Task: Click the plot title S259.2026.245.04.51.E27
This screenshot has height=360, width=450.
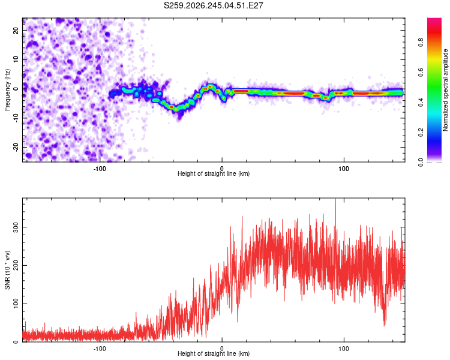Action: pos(213,5)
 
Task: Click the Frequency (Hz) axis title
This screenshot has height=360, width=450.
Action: pos(7,90)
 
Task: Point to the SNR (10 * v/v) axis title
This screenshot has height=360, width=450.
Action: pos(7,270)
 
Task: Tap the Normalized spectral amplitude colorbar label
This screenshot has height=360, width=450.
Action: pos(445,90)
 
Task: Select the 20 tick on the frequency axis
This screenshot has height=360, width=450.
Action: pos(16,30)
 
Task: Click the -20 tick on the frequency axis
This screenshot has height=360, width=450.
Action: pos(16,147)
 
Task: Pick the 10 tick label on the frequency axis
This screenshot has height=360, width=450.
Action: pos(16,59)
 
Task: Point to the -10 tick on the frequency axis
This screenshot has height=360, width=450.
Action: pos(16,118)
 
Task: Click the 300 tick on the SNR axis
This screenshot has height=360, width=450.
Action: pos(16,227)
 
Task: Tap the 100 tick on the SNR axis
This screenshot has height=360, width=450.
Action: pos(16,304)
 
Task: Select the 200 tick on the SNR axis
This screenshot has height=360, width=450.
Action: pos(16,266)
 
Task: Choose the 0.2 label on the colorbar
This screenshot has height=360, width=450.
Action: pos(421,133)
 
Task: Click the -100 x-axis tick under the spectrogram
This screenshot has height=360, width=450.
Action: pos(100,169)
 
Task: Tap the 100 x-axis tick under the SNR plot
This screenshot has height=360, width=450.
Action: pos(344,349)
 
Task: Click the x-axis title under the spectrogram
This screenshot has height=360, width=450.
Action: pos(214,173)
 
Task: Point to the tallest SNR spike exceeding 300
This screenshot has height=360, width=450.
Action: pos(335,199)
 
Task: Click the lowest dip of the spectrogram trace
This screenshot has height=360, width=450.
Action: pos(176,109)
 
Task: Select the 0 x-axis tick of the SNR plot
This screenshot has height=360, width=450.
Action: pos(221,349)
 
